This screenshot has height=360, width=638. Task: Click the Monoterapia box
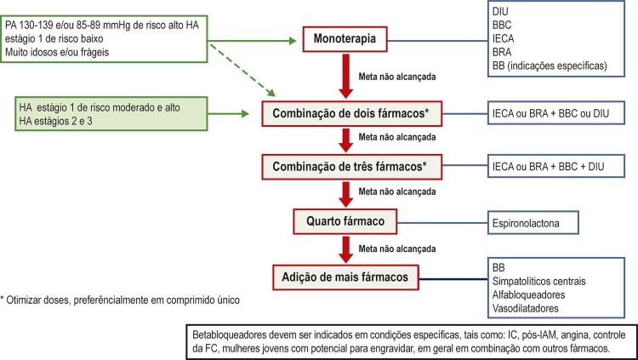(x=345, y=39)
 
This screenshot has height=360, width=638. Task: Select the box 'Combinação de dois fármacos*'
(x=351, y=113)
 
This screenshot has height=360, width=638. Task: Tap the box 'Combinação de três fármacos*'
(x=351, y=167)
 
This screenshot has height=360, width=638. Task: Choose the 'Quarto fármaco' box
(x=345, y=221)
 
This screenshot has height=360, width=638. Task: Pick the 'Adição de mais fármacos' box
(x=345, y=277)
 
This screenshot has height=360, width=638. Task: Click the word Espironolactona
(x=526, y=223)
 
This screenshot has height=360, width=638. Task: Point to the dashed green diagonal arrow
(x=242, y=70)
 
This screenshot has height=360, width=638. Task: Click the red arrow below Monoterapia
(x=345, y=76)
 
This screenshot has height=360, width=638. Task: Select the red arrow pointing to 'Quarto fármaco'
(x=345, y=194)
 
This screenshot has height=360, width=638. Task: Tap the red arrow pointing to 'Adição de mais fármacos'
(x=345, y=249)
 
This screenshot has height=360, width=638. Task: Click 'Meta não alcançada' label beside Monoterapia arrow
(x=397, y=77)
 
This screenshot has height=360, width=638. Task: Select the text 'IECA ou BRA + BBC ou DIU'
(x=551, y=114)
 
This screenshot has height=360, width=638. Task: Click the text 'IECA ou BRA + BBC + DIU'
(x=548, y=167)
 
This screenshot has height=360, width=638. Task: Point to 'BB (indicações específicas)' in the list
(x=550, y=66)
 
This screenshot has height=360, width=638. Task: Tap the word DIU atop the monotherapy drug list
(x=500, y=11)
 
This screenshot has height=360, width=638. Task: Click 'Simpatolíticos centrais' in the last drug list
(x=539, y=282)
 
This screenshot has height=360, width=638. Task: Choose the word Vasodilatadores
(x=526, y=308)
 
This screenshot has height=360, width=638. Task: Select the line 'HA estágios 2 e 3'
(x=56, y=121)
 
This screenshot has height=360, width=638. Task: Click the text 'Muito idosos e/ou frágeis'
(x=57, y=52)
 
